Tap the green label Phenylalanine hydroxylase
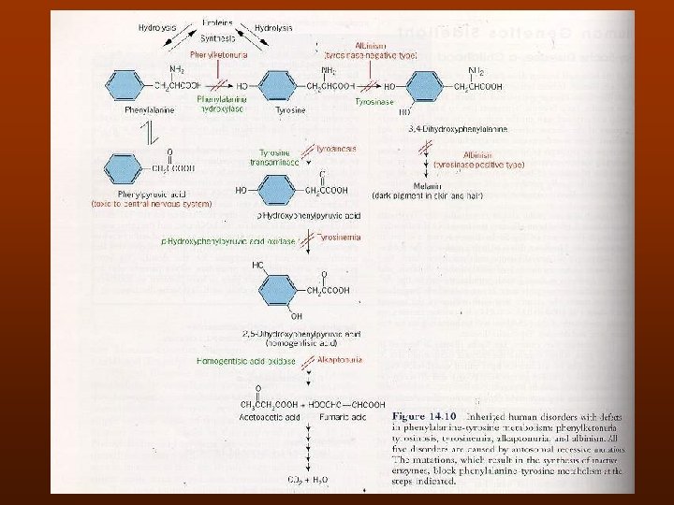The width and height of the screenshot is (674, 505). (x=222, y=103)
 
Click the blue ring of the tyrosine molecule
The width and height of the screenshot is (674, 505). (x=279, y=84)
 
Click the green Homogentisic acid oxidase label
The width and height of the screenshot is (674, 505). (x=246, y=360)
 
